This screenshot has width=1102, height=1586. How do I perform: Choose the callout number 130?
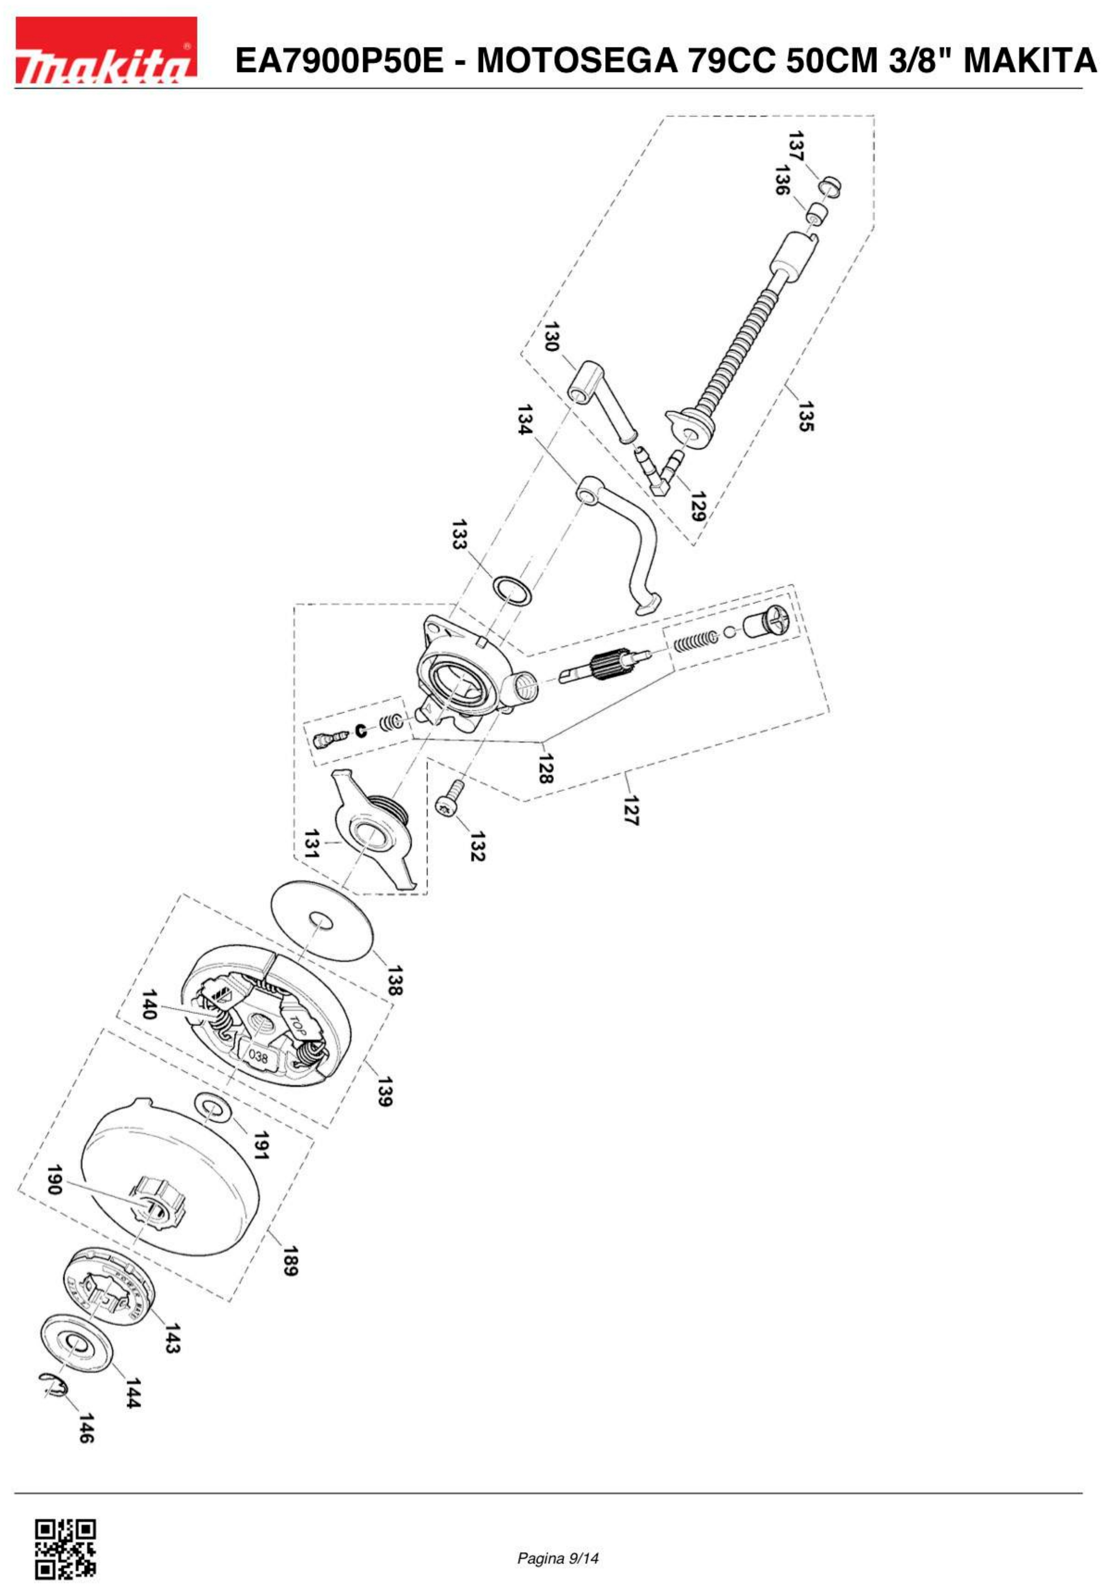coord(551,337)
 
